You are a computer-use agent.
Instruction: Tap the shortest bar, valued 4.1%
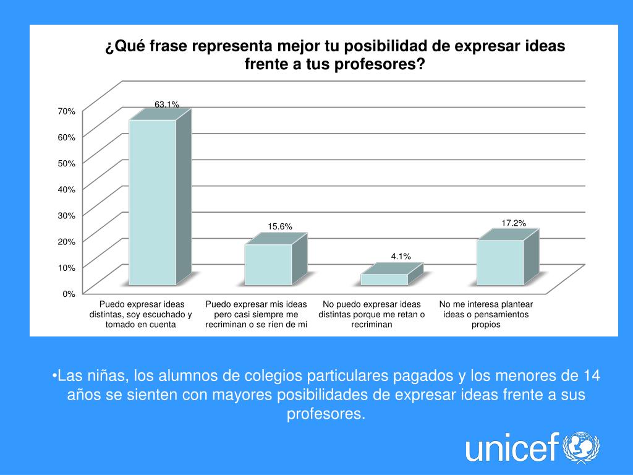pos(384,279)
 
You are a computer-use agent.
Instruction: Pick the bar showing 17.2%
pos(500,262)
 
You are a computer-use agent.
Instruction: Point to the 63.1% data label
pos(167,105)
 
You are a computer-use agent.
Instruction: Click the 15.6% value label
pos(280,227)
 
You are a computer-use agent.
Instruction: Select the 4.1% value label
pos(401,256)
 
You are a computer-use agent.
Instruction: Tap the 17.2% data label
pos(514,223)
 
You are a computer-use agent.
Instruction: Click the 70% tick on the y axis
pos(67,111)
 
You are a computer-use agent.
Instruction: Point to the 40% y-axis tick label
pos(67,189)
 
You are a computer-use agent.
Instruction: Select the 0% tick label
pos(69,294)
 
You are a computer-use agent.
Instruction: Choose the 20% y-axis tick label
pos(67,241)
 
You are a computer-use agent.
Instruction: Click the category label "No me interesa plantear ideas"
pos(486,314)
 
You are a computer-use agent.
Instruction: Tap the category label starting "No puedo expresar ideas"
pos(372,314)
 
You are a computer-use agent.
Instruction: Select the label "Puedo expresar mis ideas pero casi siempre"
pos(256,314)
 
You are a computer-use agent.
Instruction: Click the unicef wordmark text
pos(512,448)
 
